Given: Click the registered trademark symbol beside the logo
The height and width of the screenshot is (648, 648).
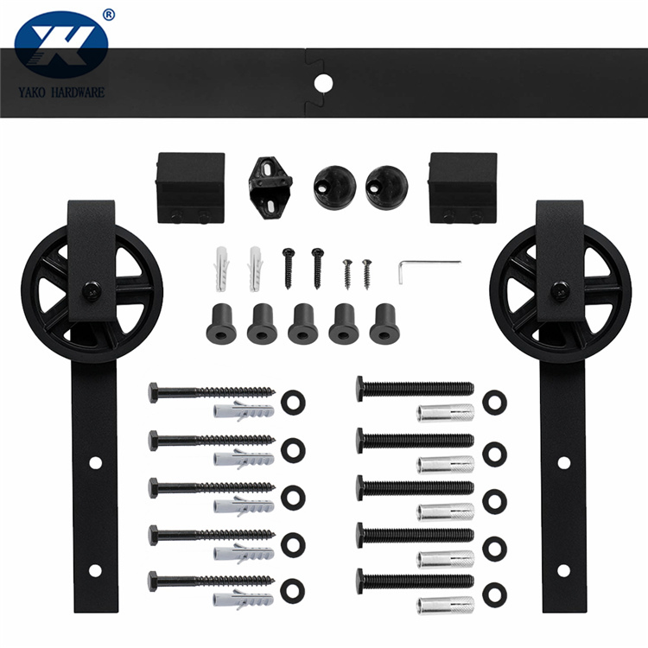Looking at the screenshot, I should [108, 14].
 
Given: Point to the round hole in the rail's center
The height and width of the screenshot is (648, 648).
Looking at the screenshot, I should [323, 84].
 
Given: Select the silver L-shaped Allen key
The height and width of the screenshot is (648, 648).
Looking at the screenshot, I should [427, 268].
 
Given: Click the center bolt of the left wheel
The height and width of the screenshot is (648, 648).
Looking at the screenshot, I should [89, 290].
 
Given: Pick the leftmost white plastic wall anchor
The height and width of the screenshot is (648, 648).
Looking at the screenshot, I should [220, 267].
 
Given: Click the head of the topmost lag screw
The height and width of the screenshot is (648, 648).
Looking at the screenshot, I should [154, 392].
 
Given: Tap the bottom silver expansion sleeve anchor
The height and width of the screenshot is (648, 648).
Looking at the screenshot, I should [445, 604].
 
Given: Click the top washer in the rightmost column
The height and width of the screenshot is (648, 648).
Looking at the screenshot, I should [494, 402].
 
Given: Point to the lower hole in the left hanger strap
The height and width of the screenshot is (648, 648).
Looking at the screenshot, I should [93, 570].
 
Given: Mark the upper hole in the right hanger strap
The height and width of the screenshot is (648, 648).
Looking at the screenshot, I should [563, 462].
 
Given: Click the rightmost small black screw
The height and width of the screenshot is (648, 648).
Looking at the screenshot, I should [367, 271].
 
